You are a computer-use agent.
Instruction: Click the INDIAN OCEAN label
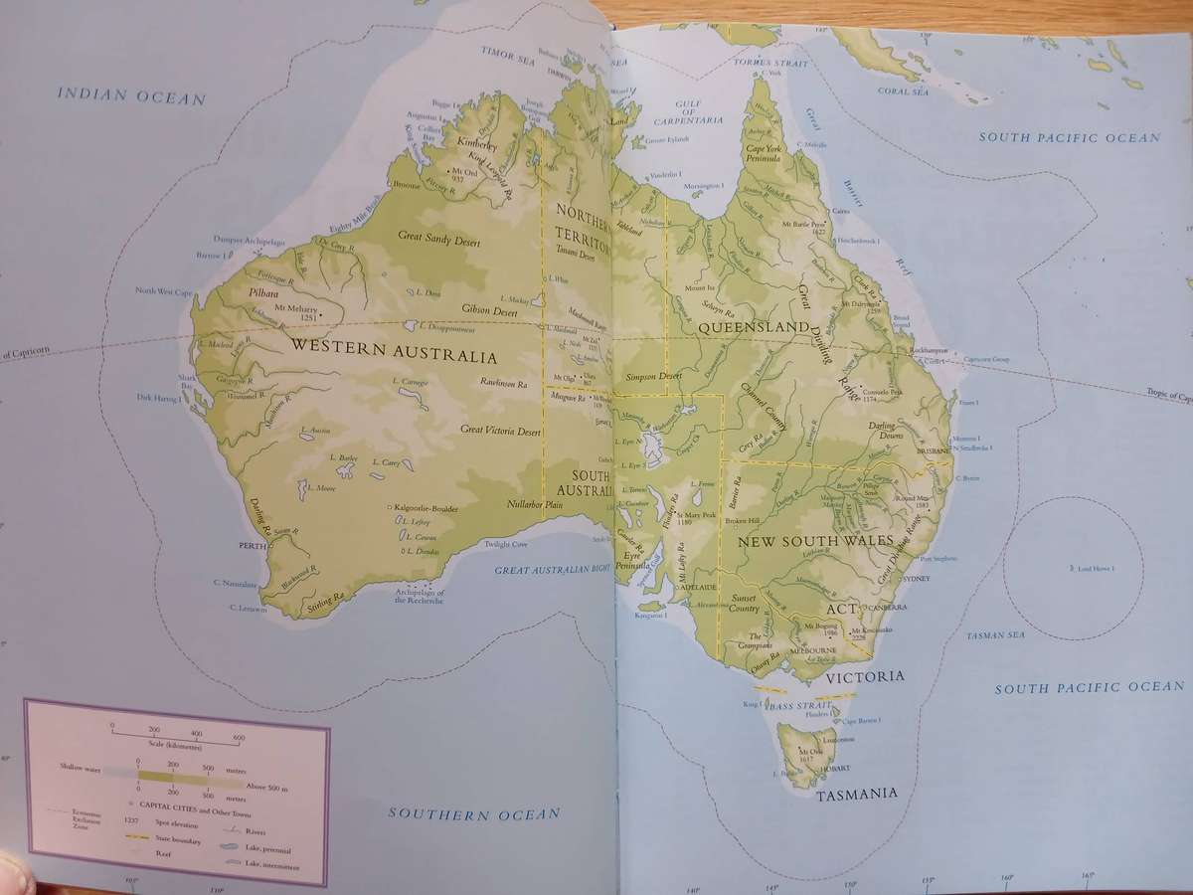[x=131, y=96]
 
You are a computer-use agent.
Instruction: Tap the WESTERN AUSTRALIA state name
[x=394, y=354]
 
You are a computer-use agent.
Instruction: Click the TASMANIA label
[x=857, y=794]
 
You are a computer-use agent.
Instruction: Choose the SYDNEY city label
[x=916, y=578]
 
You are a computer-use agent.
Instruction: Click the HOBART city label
[x=835, y=768]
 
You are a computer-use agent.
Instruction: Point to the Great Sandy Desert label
[x=438, y=237]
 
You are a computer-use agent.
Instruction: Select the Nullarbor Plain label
[x=536, y=504]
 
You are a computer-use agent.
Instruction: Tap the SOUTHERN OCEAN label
[x=473, y=813]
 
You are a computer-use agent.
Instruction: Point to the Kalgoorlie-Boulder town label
[x=426, y=508]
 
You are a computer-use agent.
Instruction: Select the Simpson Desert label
[x=653, y=377]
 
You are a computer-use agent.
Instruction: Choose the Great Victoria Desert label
[x=500, y=430]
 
